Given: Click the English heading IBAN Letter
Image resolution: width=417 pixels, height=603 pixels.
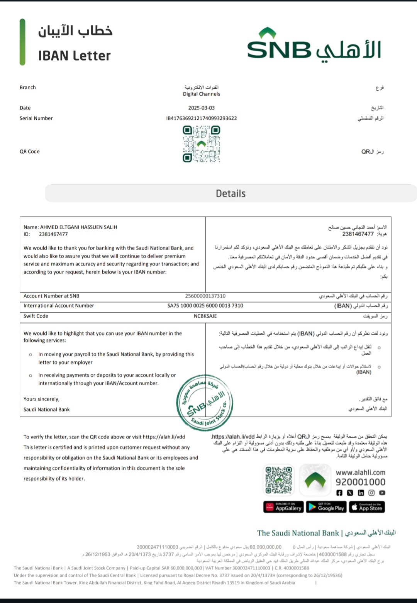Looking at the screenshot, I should (x=74, y=56).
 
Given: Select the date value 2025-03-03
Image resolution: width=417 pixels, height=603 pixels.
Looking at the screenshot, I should (x=202, y=108).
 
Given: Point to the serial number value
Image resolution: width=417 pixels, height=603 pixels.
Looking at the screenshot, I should (x=202, y=119).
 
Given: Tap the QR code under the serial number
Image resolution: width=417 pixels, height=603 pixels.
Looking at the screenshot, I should (x=201, y=144).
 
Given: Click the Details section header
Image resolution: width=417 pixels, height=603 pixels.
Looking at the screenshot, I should (x=231, y=193).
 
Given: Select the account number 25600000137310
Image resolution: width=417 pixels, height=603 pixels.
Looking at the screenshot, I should (x=205, y=296).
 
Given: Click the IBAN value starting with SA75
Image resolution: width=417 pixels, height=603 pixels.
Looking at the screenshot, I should (x=205, y=306).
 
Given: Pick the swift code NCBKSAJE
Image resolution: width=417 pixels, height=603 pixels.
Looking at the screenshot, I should (x=205, y=316).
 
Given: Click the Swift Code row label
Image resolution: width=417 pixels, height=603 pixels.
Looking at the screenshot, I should (x=36, y=316).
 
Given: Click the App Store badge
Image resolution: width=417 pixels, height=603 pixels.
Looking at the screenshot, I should (x=367, y=507).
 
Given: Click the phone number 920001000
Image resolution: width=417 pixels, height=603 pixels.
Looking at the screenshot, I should (x=360, y=482).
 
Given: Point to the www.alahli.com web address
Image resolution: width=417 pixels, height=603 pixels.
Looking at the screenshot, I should (x=360, y=473).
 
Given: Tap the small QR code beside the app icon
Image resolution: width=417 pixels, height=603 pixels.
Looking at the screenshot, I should (x=278, y=480).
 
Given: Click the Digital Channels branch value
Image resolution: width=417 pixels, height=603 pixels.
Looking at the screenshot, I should (x=202, y=94).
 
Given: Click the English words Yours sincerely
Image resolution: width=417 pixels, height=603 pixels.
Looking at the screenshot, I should (x=41, y=399).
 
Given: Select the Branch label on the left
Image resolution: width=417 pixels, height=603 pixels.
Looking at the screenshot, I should (x=28, y=88).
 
